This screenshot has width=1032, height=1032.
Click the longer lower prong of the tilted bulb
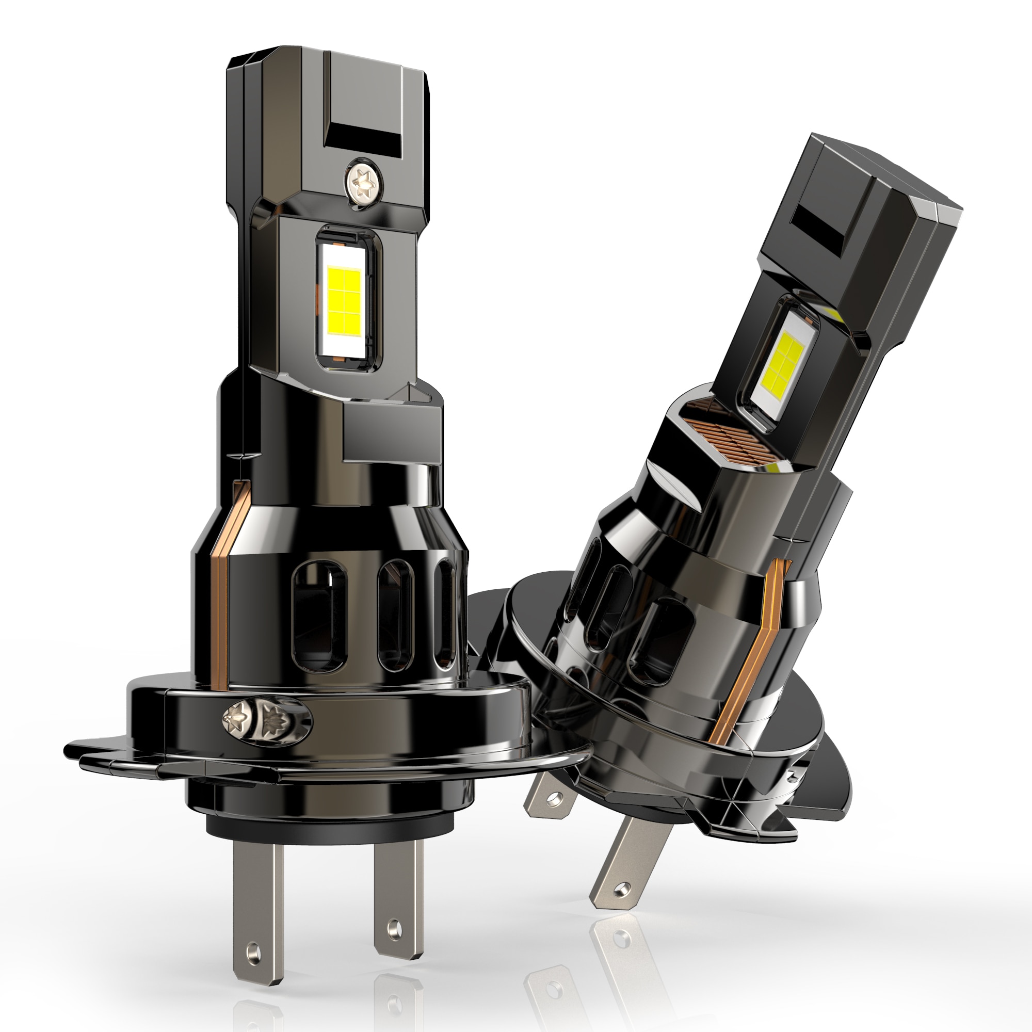coord(623,865)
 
